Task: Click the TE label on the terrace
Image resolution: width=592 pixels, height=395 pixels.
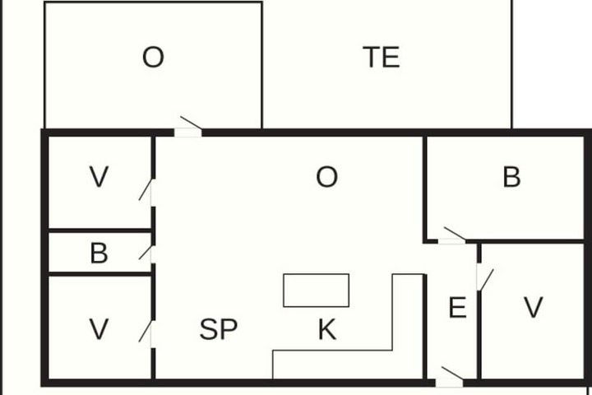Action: pyautogui.click(x=382, y=57)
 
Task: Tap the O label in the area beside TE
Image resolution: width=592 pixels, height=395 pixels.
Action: pyautogui.click(x=153, y=57)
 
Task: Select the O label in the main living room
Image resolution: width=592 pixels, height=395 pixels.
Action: pyautogui.click(x=327, y=177)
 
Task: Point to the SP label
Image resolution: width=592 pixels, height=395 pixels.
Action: pyautogui.click(x=219, y=329)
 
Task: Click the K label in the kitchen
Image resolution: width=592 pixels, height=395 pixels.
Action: pyautogui.click(x=327, y=329)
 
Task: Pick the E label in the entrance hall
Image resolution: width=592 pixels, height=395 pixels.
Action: pyautogui.click(x=458, y=307)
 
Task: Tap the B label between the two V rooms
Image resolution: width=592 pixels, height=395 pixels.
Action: pyautogui.click(x=99, y=253)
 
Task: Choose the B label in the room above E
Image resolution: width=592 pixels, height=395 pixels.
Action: pyautogui.click(x=511, y=177)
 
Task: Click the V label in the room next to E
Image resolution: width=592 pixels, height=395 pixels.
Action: pyautogui.click(x=534, y=307)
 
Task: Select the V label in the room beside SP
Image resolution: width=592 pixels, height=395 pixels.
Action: pyautogui.click(x=99, y=329)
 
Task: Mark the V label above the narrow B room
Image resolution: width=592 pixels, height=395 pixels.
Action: pyautogui.click(x=99, y=177)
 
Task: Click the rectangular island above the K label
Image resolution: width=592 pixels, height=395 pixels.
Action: pyautogui.click(x=316, y=290)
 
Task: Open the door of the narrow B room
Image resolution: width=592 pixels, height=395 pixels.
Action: pyautogui.click(x=146, y=253)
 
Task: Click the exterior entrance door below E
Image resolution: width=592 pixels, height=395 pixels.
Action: pyautogui.click(x=451, y=376)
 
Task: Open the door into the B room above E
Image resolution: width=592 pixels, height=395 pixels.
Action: pyautogui.click(x=453, y=235)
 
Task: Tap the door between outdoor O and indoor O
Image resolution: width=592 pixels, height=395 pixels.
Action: pyautogui.click(x=189, y=126)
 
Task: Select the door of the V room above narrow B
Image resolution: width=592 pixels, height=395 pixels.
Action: pyautogui.click(x=146, y=192)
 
